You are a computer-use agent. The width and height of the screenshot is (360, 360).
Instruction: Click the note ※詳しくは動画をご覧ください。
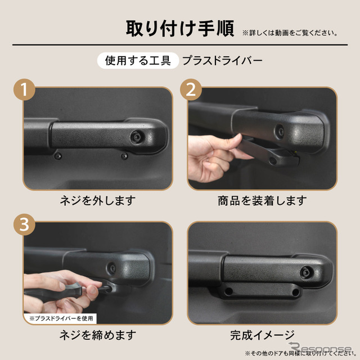point(290,33)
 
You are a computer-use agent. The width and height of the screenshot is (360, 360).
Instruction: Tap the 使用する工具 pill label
point(138,60)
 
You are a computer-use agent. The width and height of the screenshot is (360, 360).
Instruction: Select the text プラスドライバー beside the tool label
point(222,60)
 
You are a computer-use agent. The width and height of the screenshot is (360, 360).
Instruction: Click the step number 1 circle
point(24,91)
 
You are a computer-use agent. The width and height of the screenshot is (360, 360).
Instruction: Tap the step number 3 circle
point(24,225)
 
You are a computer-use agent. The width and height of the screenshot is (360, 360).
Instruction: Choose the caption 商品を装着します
point(262,200)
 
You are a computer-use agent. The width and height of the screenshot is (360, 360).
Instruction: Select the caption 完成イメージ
point(262,335)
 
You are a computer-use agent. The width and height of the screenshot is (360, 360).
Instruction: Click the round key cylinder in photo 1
point(137,137)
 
